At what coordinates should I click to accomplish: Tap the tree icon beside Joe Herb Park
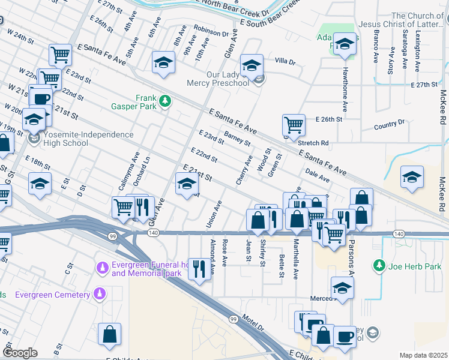click(379, 265)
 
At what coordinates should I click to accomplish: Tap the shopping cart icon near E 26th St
click(294, 125)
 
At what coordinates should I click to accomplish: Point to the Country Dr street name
click(389, 124)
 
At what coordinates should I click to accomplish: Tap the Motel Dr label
click(253, 323)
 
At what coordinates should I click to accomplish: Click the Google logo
click(20, 353)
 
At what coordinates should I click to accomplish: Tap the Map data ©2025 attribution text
click(423, 355)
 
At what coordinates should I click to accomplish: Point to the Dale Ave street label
click(318, 175)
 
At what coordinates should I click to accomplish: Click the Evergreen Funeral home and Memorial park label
click(146, 269)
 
